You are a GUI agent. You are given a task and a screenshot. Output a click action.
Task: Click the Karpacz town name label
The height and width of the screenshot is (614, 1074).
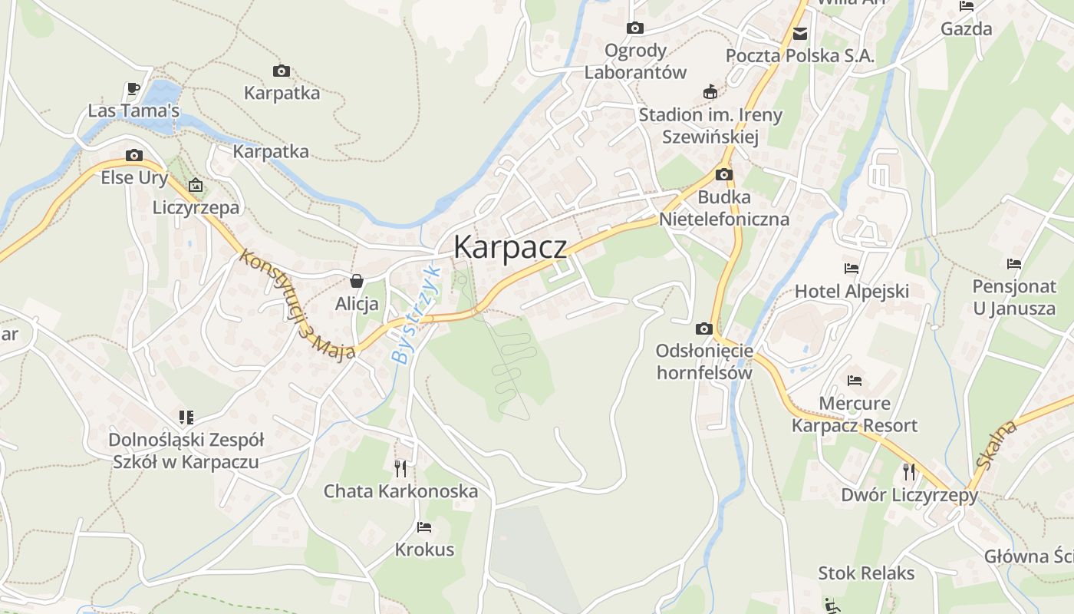pos(510,247)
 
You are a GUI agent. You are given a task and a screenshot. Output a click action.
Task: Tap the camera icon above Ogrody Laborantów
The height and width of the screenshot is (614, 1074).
pos(635,28)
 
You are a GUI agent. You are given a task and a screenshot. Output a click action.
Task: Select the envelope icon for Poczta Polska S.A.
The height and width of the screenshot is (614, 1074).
pos(800,33)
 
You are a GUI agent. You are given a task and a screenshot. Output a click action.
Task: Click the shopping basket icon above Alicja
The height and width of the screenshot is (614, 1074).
pos(356,281)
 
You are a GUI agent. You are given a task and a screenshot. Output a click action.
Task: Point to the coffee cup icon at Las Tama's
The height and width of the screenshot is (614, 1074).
pos(133,88)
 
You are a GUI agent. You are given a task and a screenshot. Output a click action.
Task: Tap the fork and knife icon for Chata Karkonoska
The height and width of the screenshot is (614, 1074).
pos(400,468)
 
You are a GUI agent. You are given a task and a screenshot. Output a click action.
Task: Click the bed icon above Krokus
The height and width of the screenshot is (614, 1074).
pos(423,527)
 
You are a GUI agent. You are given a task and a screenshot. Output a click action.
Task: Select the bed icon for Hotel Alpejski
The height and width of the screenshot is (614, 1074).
pos(851,269)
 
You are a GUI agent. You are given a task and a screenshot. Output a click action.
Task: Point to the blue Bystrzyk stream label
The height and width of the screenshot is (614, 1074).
pos(415,315)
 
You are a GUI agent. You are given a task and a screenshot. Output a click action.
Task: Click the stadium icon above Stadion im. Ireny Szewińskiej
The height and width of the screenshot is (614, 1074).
pos(710,92)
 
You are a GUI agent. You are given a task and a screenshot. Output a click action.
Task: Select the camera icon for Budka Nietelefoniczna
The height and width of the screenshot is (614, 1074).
pos(723,175)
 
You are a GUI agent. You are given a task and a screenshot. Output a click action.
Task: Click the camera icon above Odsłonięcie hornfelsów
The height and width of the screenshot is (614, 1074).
pos(703,328)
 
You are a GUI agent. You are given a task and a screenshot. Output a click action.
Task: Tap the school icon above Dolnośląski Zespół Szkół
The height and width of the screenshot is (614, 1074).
pos(186,417)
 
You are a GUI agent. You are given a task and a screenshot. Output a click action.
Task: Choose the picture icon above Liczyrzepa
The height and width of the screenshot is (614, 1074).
pos(196,185)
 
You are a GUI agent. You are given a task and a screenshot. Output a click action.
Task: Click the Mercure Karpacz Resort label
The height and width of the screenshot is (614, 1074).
pos(855,414)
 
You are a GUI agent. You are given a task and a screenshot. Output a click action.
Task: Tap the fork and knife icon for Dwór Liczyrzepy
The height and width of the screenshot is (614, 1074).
pos(909,471)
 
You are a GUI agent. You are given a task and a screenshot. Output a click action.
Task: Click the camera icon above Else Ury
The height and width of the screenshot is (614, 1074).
pos(134,155)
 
